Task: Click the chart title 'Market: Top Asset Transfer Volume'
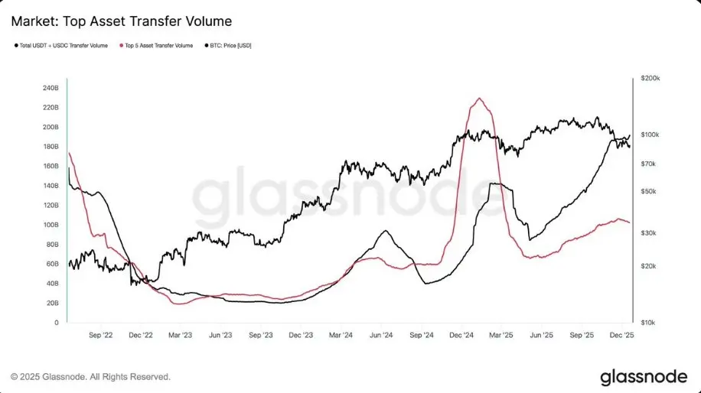point(122,21)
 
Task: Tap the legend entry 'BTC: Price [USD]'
point(230,46)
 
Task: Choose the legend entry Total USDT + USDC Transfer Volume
point(65,46)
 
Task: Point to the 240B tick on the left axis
point(50,88)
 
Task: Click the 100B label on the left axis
point(50,225)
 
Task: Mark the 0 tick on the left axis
point(56,323)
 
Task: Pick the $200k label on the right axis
point(649,79)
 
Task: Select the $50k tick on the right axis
point(649,191)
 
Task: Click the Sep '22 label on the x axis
point(101,335)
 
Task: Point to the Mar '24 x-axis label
point(341,335)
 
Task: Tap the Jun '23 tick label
point(220,335)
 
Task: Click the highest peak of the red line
point(479,98)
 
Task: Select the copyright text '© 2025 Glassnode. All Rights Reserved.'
point(90,377)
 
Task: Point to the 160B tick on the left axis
point(50,166)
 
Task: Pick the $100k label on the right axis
point(649,135)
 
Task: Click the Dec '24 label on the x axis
point(461,335)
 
